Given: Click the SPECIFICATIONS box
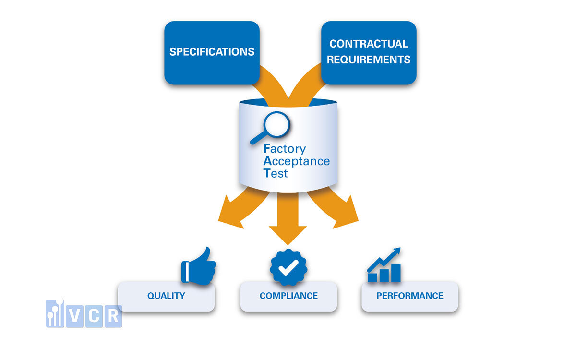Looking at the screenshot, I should coord(212,52).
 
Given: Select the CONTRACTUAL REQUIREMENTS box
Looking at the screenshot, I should coord(369,52).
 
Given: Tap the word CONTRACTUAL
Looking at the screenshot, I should coord(369,44).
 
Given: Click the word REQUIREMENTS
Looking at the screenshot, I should coord(369,60).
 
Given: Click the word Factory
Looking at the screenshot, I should coord(285,149).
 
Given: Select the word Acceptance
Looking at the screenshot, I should coord(297,161).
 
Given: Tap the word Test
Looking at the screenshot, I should coord(276,173).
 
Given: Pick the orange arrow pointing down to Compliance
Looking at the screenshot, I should coord(288,221).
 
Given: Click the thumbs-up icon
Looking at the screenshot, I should coord(198,266).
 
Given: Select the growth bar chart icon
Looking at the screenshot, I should coord(384,266).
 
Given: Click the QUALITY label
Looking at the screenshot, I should coord(166,296).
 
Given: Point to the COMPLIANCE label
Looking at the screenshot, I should coord(288,296).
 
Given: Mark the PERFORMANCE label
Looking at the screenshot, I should coord(410,296).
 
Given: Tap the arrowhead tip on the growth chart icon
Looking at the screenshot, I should coord(397,250).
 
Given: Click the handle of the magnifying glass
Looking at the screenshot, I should coord(257,139).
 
